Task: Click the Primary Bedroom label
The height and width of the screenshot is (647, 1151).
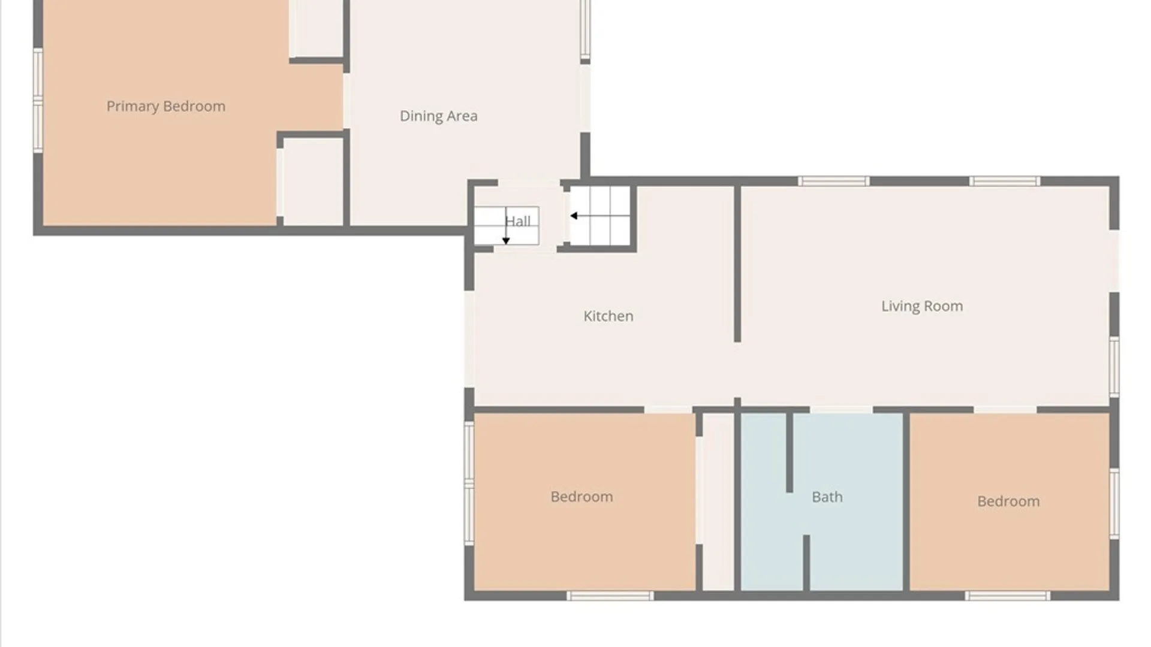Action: pyautogui.click(x=166, y=107)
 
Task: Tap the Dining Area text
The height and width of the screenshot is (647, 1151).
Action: pyautogui.click(x=438, y=116)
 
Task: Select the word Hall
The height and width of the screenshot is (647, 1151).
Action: pyautogui.click(x=517, y=221)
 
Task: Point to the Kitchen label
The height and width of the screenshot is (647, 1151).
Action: pyautogui.click(x=608, y=316)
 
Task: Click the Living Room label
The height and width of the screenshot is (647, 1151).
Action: pyautogui.click(x=922, y=306)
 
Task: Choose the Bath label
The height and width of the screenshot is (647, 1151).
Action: pyautogui.click(x=827, y=497)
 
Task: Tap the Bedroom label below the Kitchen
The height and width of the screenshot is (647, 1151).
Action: pyautogui.click(x=581, y=497)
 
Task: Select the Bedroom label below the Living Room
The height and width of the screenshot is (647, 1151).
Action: pyautogui.click(x=1008, y=501)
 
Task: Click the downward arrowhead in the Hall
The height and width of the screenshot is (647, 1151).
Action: pyautogui.click(x=506, y=241)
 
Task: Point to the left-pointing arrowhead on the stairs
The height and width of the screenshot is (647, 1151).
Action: pyautogui.click(x=574, y=216)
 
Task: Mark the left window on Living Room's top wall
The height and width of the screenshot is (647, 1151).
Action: pyautogui.click(x=833, y=181)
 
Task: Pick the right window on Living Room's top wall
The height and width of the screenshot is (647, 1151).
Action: pyautogui.click(x=1005, y=181)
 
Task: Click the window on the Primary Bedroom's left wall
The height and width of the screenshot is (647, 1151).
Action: pyautogui.click(x=38, y=100)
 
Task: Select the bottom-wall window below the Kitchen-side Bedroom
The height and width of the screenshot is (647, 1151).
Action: pyautogui.click(x=610, y=595)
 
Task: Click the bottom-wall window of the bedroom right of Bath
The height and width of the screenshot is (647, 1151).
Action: pyautogui.click(x=1007, y=595)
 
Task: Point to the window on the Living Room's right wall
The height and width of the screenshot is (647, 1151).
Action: pyautogui.click(x=1114, y=367)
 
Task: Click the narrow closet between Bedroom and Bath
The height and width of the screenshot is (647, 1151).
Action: pyautogui.click(x=718, y=501)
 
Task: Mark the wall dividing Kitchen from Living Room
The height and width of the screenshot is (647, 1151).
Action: pyautogui.click(x=737, y=264)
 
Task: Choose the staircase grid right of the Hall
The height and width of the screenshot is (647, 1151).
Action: pyautogui.click(x=599, y=216)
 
